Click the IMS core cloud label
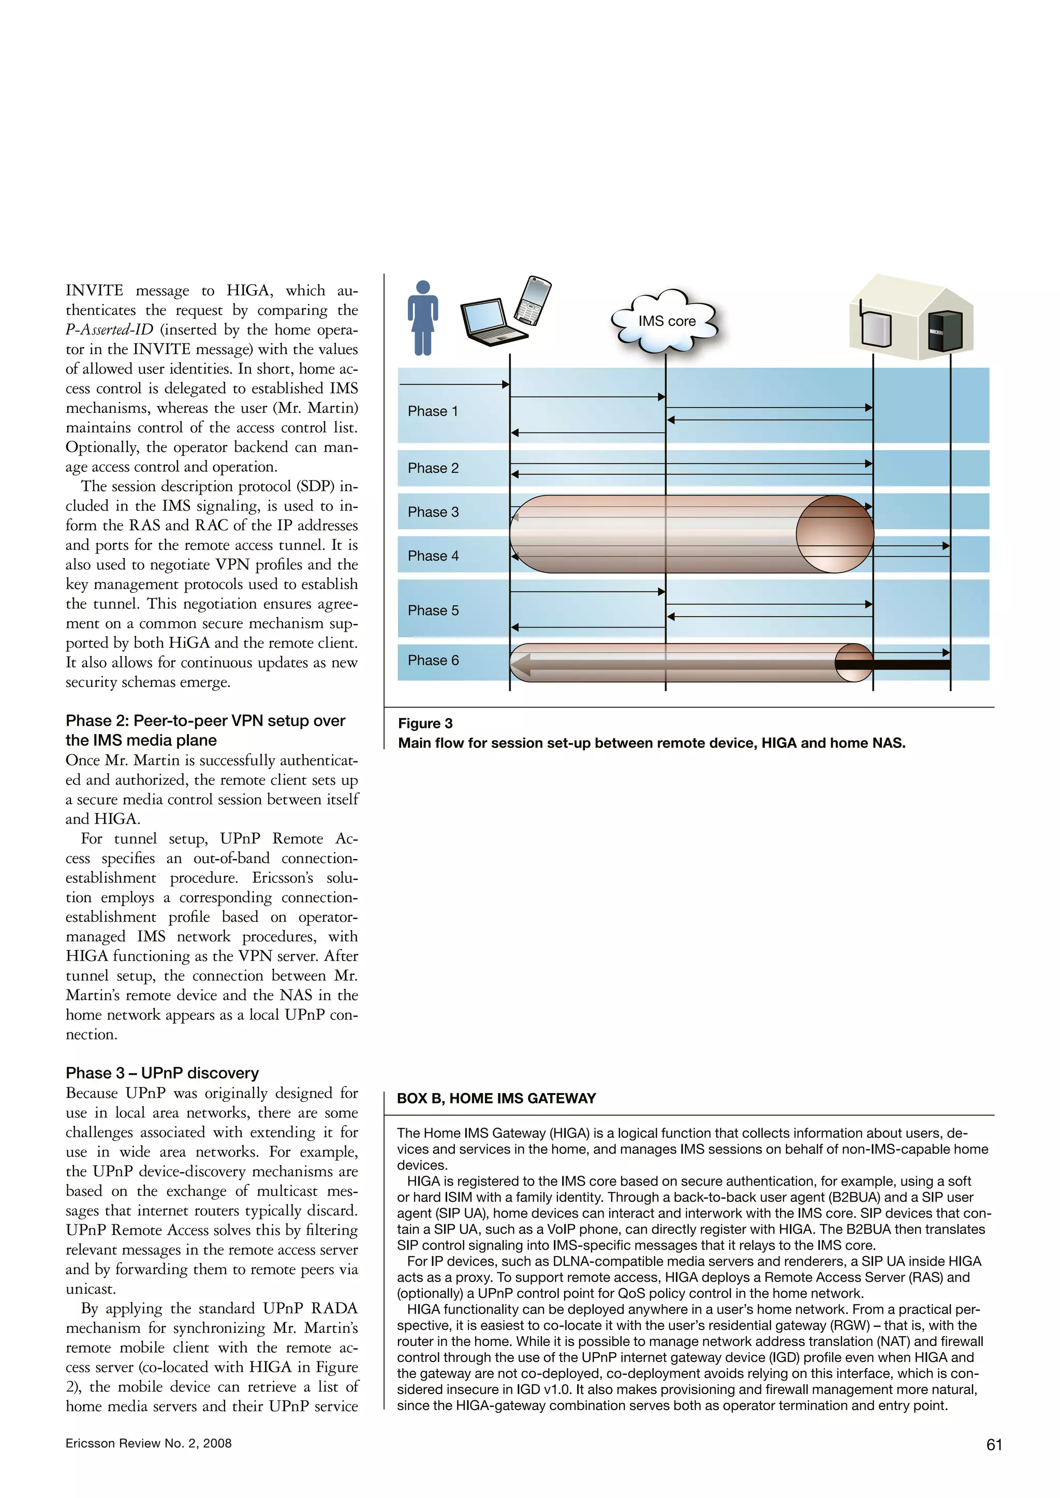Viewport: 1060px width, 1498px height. (x=667, y=321)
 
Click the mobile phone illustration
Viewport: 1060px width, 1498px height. (x=533, y=301)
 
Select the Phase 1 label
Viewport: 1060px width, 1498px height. (x=433, y=411)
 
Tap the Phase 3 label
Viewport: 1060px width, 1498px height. (x=433, y=512)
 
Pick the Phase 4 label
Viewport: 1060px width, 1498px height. (x=433, y=556)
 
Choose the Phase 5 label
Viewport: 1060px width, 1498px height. (x=433, y=611)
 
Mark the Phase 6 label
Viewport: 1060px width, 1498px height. (x=433, y=660)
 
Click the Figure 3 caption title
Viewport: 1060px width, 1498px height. (x=425, y=723)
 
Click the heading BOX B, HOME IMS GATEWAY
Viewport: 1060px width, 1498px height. (x=496, y=1098)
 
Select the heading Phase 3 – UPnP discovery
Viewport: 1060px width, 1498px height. (x=162, y=1073)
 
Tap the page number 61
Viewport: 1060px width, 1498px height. (x=993, y=1445)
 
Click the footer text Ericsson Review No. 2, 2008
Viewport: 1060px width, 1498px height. (x=148, y=1443)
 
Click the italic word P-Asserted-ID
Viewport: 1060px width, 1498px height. (x=109, y=329)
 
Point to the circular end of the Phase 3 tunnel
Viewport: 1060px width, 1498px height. (x=834, y=534)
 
